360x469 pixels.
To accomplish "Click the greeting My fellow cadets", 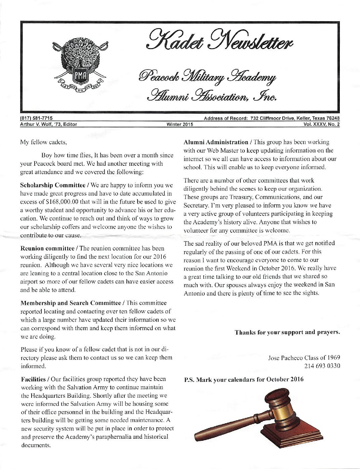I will click(x=44, y=142).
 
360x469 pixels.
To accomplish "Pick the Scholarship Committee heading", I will click(x=53, y=185).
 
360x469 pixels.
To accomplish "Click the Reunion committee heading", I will click(x=47, y=248).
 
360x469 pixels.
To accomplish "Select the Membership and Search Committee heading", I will click(x=71, y=303).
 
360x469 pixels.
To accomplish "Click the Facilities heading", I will click(x=33, y=379).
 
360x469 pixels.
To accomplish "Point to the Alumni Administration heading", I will click(x=215, y=142).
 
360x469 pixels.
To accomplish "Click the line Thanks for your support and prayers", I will click(x=287, y=332).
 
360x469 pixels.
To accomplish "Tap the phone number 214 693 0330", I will click(x=322, y=365).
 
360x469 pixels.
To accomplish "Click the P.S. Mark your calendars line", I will click(x=244, y=380).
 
